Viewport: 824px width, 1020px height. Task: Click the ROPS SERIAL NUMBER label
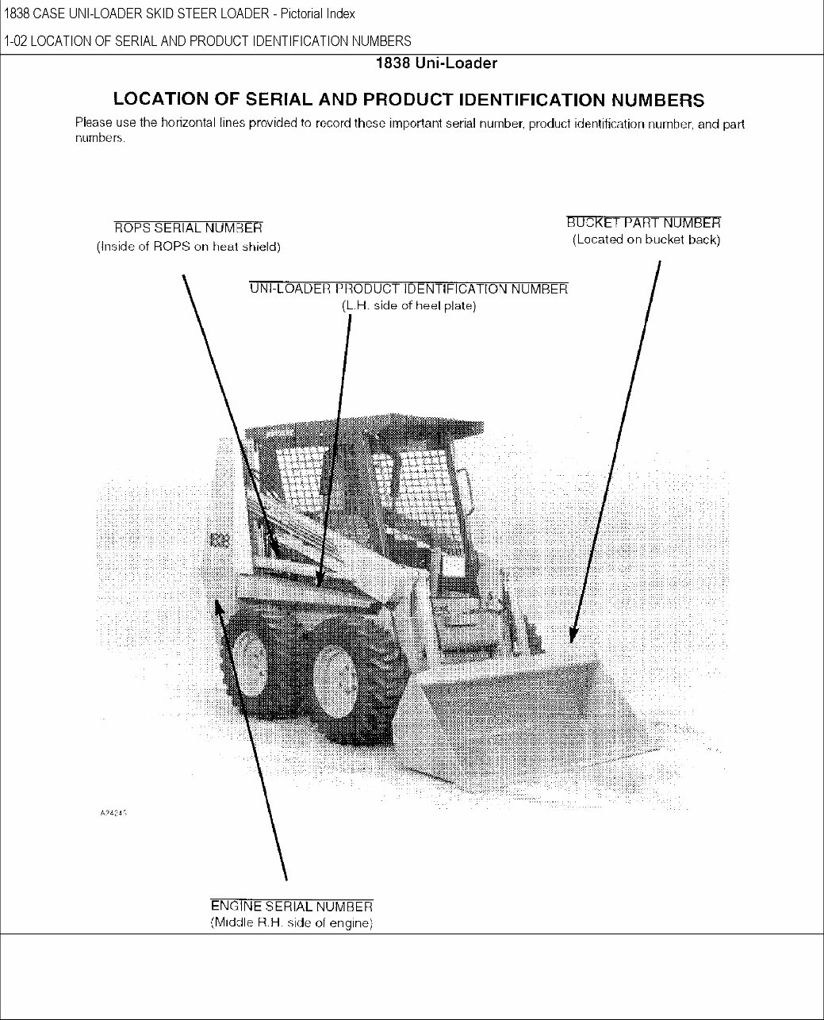click(x=188, y=229)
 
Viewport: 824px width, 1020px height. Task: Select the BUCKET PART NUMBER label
click(x=643, y=223)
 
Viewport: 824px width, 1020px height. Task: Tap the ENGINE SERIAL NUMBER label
click(x=291, y=907)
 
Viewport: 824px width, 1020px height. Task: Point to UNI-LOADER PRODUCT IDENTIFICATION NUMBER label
click(x=408, y=289)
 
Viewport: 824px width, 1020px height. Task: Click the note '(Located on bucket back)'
click(x=646, y=240)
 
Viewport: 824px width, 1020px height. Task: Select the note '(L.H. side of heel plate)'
click(x=408, y=305)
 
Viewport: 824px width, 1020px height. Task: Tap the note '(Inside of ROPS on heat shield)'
click(x=188, y=247)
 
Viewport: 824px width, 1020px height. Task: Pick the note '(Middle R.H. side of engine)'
click(x=291, y=923)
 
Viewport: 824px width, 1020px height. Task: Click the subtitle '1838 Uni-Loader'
click(x=436, y=63)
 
